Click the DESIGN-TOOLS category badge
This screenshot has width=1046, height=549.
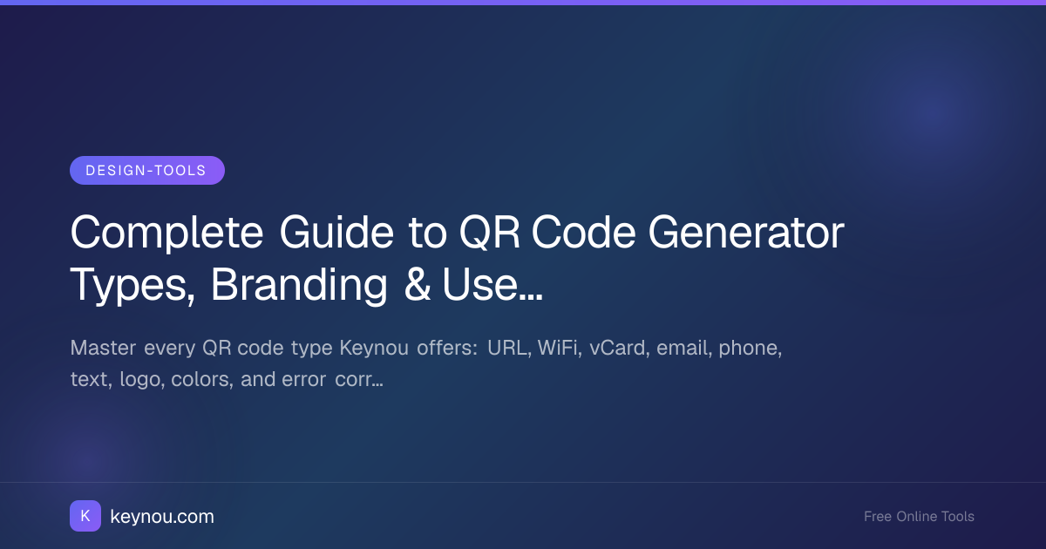click(x=147, y=171)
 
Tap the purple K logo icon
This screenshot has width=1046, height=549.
click(x=85, y=516)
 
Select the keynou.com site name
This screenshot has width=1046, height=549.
click(x=162, y=516)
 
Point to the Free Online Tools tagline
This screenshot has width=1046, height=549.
click(x=919, y=516)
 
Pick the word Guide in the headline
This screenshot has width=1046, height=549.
click(x=336, y=232)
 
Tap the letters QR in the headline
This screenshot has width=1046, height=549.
click(x=490, y=233)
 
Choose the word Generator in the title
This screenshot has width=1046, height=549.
click(x=746, y=232)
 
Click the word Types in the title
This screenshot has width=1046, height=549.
click(x=132, y=286)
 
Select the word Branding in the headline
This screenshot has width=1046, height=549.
click(x=299, y=286)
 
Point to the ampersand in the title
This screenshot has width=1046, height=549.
click(x=417, y=284)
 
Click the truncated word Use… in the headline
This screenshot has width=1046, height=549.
click(x=492, y=284)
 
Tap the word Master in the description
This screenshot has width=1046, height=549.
click(x=103, y=348)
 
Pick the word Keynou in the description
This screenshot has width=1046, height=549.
click(x=374, y=349)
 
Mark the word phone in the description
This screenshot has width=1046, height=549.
click(x=750, y=349)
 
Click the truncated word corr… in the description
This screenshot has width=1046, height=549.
click(x=359, y=380)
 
